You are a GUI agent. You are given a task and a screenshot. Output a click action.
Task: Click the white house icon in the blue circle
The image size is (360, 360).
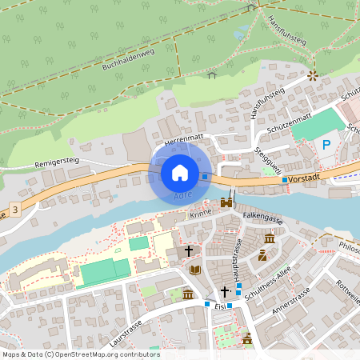179,172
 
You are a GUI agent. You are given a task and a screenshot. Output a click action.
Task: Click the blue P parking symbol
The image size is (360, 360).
326,145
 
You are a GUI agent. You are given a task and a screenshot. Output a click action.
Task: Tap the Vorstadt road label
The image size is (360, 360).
305,180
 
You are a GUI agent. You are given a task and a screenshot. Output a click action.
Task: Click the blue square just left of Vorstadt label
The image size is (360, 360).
285,180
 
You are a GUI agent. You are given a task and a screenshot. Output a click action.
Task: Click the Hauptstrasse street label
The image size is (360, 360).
237,254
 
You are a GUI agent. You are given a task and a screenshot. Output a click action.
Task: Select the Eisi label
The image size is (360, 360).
219,306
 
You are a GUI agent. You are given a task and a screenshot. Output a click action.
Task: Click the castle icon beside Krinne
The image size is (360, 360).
226,203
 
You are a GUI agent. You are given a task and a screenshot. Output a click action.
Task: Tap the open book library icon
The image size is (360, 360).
195,270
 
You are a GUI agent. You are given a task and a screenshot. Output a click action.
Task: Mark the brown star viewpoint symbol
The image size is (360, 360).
313,76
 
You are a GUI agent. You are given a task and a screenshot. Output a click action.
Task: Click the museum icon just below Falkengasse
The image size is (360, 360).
270,239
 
